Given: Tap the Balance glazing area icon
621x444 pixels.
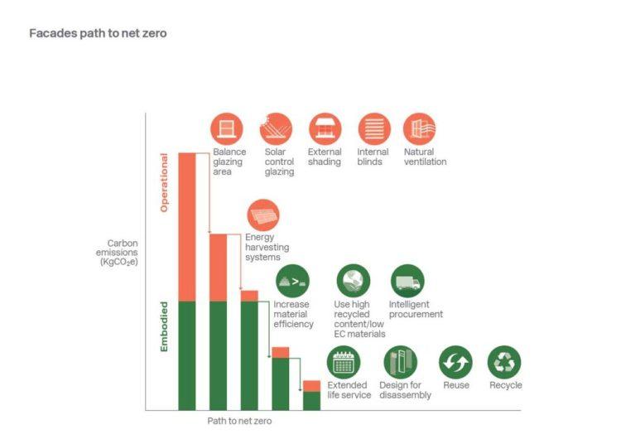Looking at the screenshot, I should tap(226, 128).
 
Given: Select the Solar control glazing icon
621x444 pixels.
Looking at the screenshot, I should tap(276, 128).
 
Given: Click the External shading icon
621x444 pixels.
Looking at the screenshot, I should tap(325, 128).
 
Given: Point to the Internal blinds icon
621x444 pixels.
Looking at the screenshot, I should tap(374, 128).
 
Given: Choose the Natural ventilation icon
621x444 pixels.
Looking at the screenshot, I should tap(420, 128).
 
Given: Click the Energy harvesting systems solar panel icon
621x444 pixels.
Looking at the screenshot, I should tap(262, 215).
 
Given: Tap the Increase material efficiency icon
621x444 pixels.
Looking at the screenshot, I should tap(291, 281).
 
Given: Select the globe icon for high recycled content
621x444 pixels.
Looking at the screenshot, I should tap(353, 281).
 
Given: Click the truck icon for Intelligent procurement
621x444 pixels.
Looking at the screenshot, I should tap(407, 281).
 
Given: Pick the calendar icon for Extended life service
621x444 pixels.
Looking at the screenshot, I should tap(344, 362).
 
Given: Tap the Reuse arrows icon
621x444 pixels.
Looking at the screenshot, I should tap(455, 362).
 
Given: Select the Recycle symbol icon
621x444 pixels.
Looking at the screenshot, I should tap(504, 362).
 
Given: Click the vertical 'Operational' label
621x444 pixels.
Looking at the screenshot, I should tap(164, 181).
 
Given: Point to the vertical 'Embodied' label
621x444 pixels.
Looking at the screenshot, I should tap(164, 326).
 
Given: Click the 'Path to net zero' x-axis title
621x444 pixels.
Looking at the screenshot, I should tap(239, 421).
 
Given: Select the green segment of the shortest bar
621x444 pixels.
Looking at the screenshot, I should tap(311, 401).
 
